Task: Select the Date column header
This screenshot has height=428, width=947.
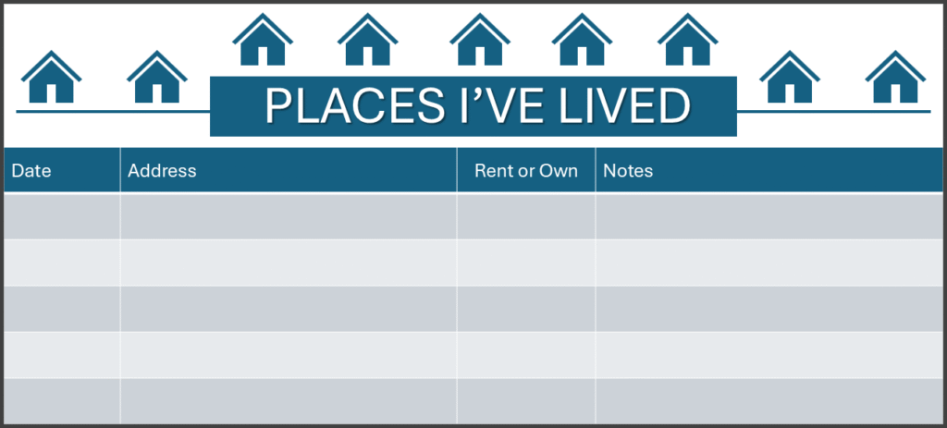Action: (31, 171)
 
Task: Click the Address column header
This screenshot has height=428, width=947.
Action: (162, 171)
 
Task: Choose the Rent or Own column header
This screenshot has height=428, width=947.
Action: (526, 171)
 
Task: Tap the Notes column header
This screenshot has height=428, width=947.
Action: (628, 171)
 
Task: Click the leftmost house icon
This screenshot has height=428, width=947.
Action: (52, 78)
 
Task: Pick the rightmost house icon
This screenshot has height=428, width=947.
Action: (895, 78)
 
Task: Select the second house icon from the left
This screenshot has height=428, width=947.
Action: (157, 78)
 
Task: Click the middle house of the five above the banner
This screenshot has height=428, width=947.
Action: (480, 40)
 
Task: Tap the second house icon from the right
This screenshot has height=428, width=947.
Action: (790, 78)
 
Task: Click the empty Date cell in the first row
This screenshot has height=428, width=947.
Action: (62, 216)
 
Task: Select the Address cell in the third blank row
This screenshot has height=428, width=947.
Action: (289, 309)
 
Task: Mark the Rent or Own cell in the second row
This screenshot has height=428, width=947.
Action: (526, 263)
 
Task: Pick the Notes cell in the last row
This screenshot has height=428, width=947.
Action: (769, 401)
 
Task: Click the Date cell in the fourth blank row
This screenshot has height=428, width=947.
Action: (62, 355)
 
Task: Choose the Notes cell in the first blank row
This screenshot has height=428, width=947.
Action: (769, 216)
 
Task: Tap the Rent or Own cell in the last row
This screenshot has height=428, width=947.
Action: (526, 401)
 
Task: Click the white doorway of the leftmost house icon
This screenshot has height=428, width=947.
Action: (52, 93)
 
